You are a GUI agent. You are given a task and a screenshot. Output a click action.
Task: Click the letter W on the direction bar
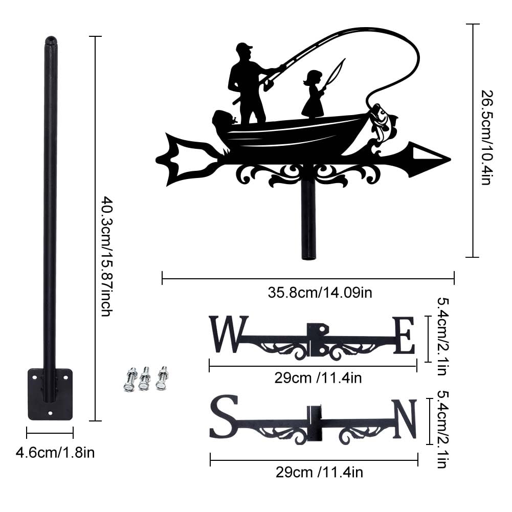pyautogui.click(x=229, y=334)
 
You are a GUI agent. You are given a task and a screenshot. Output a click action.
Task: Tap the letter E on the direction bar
pyautogui.click(x=404, y=336)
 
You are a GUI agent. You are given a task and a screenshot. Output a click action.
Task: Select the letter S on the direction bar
pyautogui.click(x=224, y=416)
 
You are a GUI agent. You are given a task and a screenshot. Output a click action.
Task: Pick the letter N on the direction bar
pyautogui.click(x=405, y=419)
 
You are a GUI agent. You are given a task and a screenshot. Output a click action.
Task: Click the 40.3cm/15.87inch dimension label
pyautogui.click(x=106, y=256)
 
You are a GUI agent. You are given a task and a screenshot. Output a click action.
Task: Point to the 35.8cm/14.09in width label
pyautogui.click(x=320, y=293)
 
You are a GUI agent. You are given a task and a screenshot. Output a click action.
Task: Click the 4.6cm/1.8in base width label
pyautogui.click(x=55, y=453)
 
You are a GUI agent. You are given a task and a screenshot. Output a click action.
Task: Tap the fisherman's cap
pyautogui.click(x=244, y=48)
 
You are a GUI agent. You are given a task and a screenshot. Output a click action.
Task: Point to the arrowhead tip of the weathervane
pyautogui.click(x=451, y=160)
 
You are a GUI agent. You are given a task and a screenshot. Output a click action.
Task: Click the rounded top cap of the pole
pyautogui.click(x=51, y=41)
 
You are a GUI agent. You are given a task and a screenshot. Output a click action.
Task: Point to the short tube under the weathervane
pyautogui.click(x=308, y=221)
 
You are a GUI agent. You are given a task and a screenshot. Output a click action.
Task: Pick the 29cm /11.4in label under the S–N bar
pyautogui.click(x=319, y=472)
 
